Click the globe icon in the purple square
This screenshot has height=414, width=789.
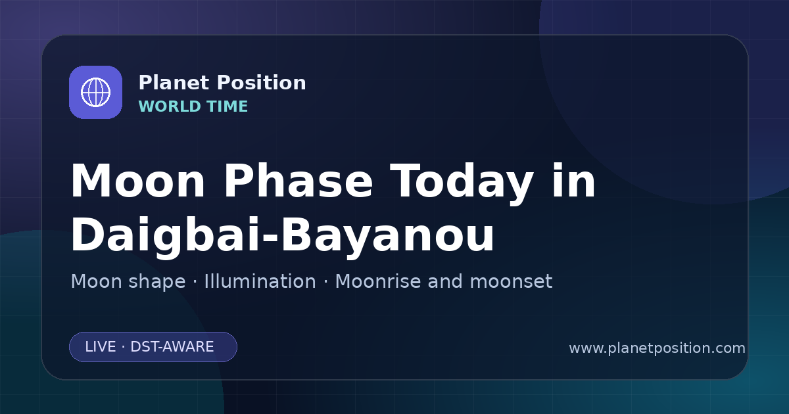coord(95,92)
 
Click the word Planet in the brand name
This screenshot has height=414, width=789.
coord(174,83)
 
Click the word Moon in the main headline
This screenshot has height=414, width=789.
coord(137,181)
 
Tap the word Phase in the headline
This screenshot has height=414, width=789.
coord(298,181)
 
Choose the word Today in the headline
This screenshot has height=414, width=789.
coord(462,183)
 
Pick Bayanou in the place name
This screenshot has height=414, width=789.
coord(387,235)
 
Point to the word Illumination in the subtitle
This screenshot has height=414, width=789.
coord(260,281)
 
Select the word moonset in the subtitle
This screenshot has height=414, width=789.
coord(511,282)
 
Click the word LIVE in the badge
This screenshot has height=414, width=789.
coord(101,347)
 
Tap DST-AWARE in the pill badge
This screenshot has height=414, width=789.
coord(172,347)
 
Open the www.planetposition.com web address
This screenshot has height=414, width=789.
coord(657,348)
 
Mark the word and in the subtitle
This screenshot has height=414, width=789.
coord(445,281)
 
